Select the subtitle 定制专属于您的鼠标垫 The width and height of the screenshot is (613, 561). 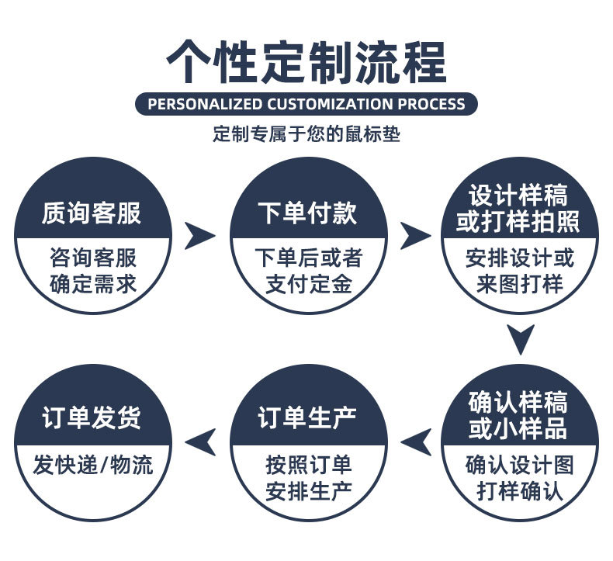pos(306,134)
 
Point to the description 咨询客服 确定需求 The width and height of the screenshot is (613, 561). pos(92,270)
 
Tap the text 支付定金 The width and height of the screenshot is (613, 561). pos(309,284)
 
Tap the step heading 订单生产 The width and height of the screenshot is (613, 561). pos(307,418)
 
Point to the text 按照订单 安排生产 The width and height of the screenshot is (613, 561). pos(309,477)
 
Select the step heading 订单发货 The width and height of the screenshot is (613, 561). pos(92,418)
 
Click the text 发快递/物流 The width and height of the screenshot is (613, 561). pos(93,465)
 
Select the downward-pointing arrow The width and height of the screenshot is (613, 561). pos(520,339)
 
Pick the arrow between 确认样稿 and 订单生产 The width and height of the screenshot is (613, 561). pos(416,442)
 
